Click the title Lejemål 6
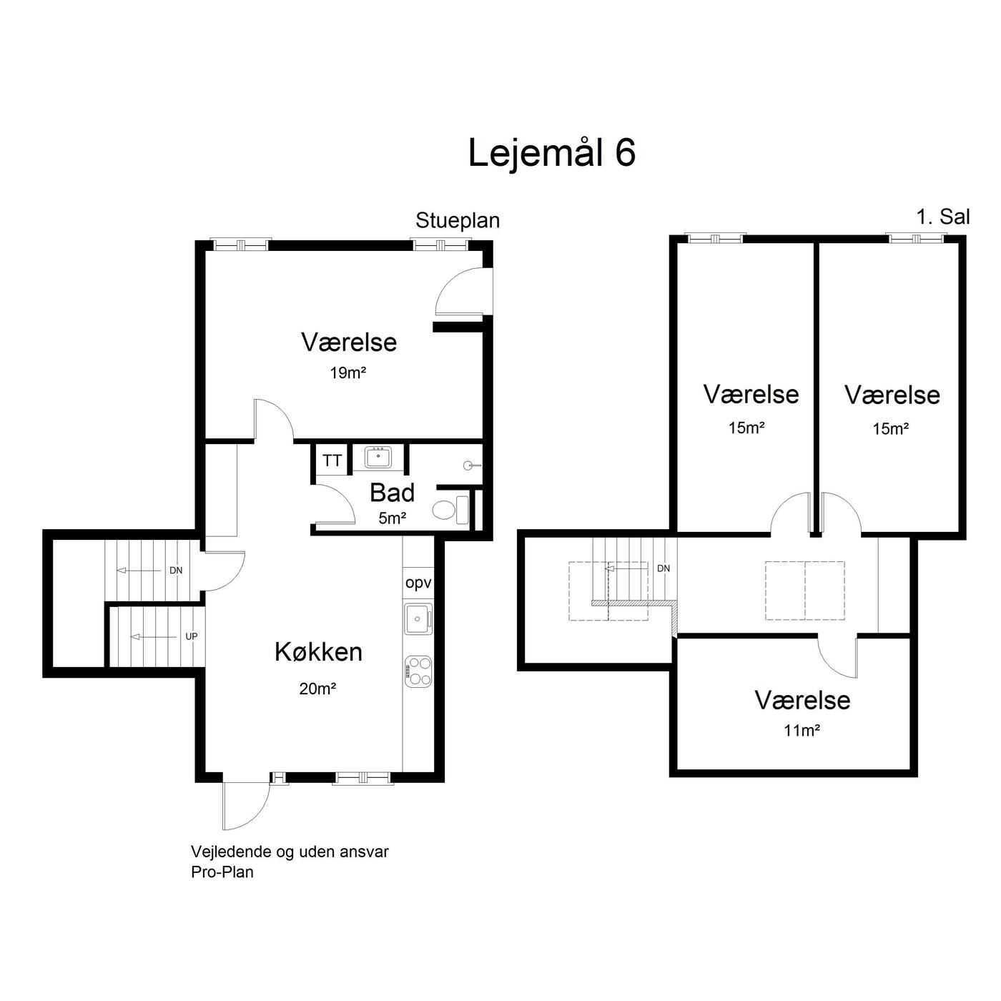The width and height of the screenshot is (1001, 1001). click(552, 153)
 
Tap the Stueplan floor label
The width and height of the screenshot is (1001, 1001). click(458, 221)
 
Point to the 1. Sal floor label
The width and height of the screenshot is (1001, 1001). click(943, 217)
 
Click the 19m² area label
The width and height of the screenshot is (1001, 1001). click(348, 373)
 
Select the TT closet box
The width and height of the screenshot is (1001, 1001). click(332, 460)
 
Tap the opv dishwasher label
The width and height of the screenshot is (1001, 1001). click(418, 583)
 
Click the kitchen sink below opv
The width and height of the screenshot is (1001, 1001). click(418, 618)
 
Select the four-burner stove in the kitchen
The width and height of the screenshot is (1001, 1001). click(418, 671)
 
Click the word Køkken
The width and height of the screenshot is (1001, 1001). click(318, 652)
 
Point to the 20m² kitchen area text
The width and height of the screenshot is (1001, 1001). click(317, 689)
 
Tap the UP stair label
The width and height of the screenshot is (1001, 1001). click(191, 636)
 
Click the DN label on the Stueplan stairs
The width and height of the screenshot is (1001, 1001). click(176, 571)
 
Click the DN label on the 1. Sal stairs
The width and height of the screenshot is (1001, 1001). click(664, 568)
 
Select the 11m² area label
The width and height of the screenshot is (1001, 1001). click(802, 731)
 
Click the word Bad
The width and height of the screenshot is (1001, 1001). click(393, 493)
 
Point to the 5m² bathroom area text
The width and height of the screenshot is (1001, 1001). click(393, 518)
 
